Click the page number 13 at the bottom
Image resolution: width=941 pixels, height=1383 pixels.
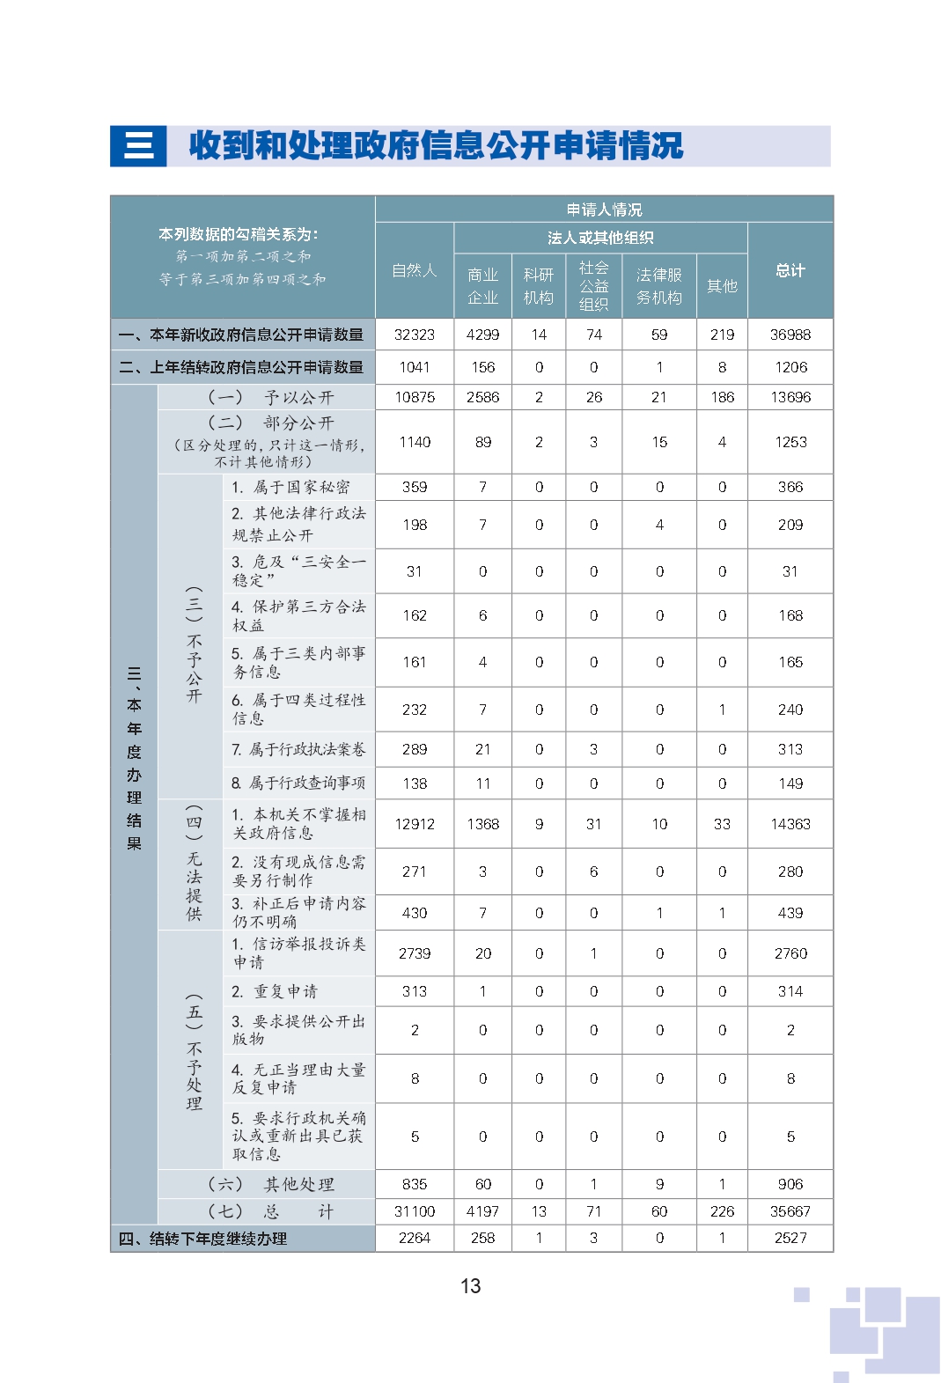tap(470, 1286)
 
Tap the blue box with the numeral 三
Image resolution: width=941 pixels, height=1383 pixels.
tap(138, 146)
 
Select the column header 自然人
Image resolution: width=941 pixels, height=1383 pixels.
tap(414, 270)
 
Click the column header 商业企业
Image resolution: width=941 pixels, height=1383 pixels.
tap(482, 286)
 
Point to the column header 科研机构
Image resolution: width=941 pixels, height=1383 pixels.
tap(538, 286)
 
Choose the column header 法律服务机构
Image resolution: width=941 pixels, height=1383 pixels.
tap(658, 286)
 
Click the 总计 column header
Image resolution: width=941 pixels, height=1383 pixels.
tap(790, 270)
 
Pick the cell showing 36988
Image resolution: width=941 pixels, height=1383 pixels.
tap(790, 335)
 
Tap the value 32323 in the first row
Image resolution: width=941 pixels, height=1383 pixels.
tap(414, 335)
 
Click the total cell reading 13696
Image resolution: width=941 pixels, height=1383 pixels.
tap(790, 397)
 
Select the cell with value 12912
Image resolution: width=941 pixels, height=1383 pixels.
tap(414, 824)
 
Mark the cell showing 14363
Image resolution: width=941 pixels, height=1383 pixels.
tap(790, 824)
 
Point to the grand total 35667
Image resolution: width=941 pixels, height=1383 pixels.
tap(790, 1211)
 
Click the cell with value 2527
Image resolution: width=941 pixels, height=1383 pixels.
tap(790, 1238)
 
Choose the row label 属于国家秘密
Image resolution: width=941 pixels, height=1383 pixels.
tap(300, 487)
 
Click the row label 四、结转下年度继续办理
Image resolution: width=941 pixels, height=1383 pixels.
tap(203, 1239)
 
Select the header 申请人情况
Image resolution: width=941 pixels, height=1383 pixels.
tap(604, 210)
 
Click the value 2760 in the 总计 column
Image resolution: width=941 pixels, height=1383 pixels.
tap(790, 953)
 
